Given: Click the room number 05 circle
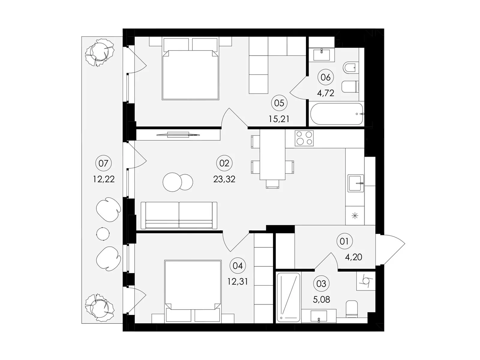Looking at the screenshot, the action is [279, 103].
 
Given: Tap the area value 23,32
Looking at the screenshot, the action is [224, 179].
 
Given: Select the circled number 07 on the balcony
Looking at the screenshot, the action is [103, 163].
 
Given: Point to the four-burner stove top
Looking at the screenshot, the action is [304, 138].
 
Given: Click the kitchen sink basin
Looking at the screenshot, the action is [355, 183].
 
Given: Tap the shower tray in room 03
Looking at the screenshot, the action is [288, 297].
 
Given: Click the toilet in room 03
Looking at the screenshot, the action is [352, 309].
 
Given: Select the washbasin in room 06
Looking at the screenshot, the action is [322, 55].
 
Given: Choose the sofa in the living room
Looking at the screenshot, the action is [179, 215].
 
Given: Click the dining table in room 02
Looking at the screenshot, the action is [272, 154].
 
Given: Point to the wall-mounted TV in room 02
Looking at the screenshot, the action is [178, 135].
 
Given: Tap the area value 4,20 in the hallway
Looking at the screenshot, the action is [353, 257].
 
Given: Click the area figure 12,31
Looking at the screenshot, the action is [238, 281].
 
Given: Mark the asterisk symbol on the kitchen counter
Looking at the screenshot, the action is [355, 216].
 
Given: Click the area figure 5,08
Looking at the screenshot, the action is [321, 299].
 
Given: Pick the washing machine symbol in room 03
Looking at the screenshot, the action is [366, 281].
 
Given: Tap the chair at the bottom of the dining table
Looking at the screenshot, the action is [272, 184].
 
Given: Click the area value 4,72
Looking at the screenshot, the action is [325, 93].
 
